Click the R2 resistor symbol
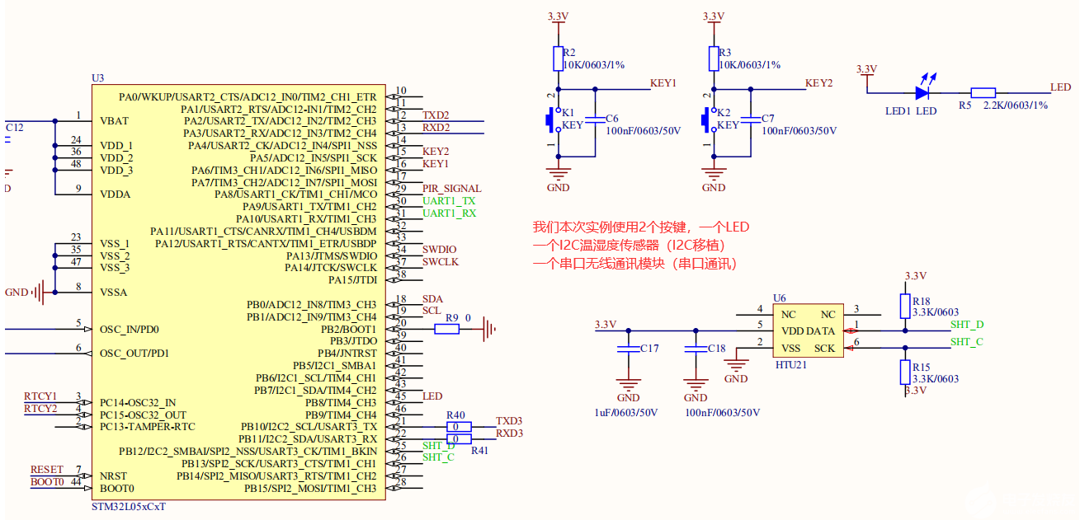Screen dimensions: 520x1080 pos(559,59)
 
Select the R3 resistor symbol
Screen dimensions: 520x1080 pos(714,59)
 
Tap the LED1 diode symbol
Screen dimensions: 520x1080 pos(922,93)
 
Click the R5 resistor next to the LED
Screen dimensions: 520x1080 pos(983,93)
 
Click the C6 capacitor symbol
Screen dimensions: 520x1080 pos(594,120)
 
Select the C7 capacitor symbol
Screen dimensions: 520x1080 pos(750,120)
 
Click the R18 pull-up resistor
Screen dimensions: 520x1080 pos(905,306)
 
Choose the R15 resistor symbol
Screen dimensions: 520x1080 pos(905,372)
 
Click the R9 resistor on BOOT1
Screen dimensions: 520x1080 pos(446,329)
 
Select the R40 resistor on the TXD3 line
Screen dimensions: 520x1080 pos(458,427)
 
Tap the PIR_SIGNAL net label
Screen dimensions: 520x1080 pos(451,189)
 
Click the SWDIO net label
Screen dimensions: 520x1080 pos(439,250)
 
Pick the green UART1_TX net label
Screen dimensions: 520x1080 pos(449,201)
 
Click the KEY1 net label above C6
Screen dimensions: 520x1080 pos(663,83)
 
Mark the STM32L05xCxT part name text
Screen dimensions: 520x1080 pos(129,506)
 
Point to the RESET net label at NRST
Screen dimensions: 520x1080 pos(46,470)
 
